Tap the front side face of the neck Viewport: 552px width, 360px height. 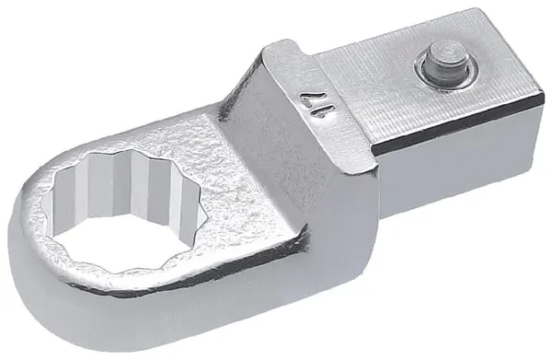pyautogui.click(x=322, y=230)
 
